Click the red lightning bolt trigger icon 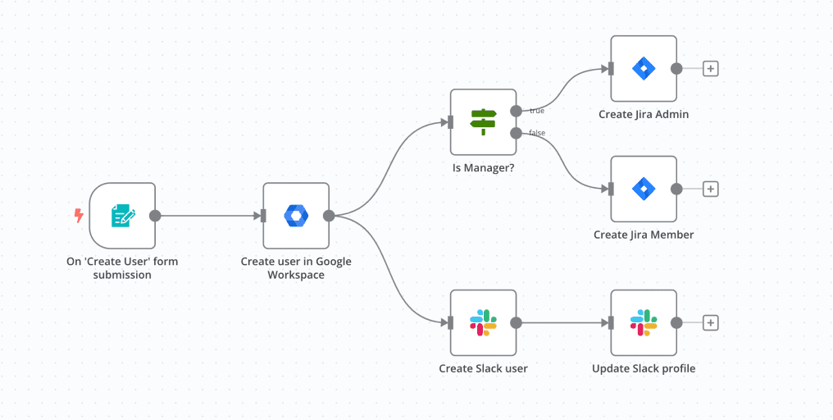click(x=79, y=216)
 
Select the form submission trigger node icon click(x=122, y=216)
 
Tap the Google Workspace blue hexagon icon click(x=295, y=216)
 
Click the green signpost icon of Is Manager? click(x=483, y=122)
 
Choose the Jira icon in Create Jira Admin click(x=644, y=69)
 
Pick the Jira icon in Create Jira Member click(x=644, y=189)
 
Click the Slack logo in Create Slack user click(x=483, y=322)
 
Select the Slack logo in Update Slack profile click(x=644, y=322)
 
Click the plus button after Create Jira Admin click(x=711, y=69)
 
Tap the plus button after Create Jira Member click(x=711, y=189)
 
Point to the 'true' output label click(x=536, y=110)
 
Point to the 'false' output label click(x=537, y=133)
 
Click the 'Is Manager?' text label click(x=483, y=168)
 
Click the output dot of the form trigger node click(x=155, y=216)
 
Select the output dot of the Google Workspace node click(x=329, y=216)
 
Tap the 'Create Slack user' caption click(x=483, y=368)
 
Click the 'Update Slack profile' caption click(x=644, y=368)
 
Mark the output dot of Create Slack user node click(x=516, y=322)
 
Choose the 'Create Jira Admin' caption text click(x=644, y=114)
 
